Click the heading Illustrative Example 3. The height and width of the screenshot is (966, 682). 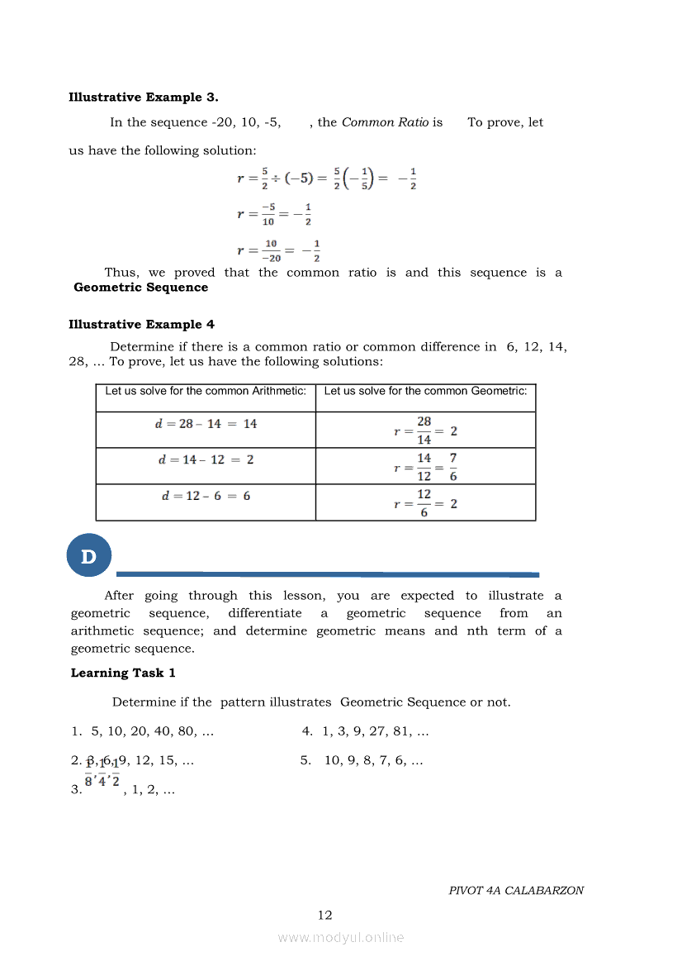(144, 98)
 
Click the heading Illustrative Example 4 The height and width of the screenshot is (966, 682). (141, 325)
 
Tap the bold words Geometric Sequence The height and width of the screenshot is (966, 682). (140, 288)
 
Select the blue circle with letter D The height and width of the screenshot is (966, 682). (88, 557)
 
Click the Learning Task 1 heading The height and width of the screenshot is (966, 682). (123, 673)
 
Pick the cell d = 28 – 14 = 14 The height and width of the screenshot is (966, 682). (206, 424)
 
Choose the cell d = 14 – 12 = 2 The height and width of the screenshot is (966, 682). (206, 459)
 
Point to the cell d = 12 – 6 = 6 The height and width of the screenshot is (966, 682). (206, 496)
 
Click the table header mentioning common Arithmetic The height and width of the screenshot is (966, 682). (206, 392)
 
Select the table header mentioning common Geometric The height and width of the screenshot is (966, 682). (425, 392)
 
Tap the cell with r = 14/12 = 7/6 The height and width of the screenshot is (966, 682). (425, 467)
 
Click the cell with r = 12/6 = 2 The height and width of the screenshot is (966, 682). (425, 502)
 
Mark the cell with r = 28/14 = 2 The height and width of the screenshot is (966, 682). (425, 431)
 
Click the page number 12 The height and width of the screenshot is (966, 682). (325, 915)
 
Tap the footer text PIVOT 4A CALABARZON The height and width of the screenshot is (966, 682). (516, 891)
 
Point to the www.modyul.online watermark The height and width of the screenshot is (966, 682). (341, 938)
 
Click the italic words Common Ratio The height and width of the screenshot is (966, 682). (385, 122)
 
